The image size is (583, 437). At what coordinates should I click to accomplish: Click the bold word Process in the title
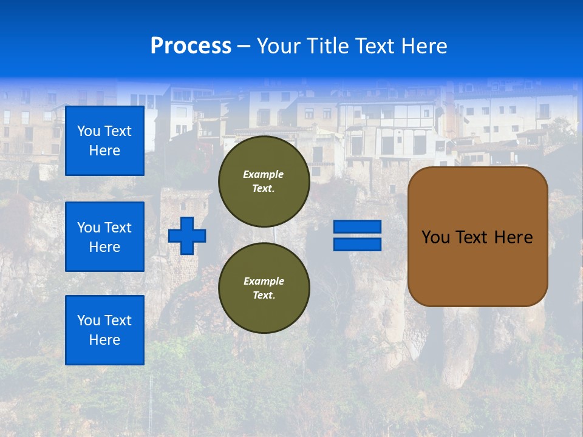[x=191, y=46]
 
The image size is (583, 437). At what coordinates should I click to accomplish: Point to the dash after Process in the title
[x=244, y=47]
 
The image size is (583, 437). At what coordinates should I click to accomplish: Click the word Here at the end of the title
[x=424, y=46]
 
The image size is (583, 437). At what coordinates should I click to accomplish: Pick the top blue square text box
[x=104, y=141]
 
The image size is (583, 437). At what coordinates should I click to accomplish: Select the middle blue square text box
[x=104, y=237]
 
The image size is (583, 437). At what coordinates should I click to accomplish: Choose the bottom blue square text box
[x=104, y=330]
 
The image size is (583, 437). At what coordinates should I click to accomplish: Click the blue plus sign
[x=187, y=235]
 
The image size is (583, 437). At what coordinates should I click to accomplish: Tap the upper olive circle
[x=264, y=181]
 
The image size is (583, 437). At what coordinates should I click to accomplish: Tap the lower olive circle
[x=264, y=288]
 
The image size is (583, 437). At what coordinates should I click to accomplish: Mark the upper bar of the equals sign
[x=358, y=227]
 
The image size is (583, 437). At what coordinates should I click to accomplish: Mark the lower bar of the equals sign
[x=358, y=244]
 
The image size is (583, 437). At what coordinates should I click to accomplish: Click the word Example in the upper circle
[x=264, y=174]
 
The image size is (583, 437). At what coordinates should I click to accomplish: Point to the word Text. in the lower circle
[x=264, y=296]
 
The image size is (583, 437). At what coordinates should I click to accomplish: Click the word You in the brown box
[x=435, y=237]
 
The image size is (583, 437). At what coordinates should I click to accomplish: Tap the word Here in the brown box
[x=514, y=237]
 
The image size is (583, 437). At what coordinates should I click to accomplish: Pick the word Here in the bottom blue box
[x=104, y=340]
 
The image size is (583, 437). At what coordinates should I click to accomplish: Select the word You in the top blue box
[x=88, y=131]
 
